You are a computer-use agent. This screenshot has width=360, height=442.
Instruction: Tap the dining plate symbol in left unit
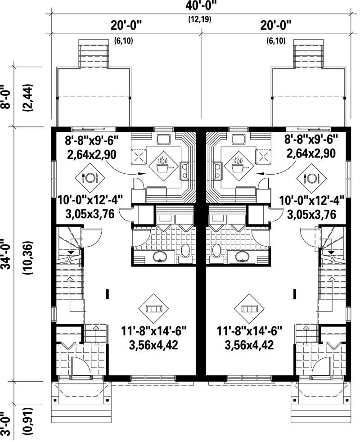89,177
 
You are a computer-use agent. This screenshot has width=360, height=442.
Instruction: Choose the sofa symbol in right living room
249,308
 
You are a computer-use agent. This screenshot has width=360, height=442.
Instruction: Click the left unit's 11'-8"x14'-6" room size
153,332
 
